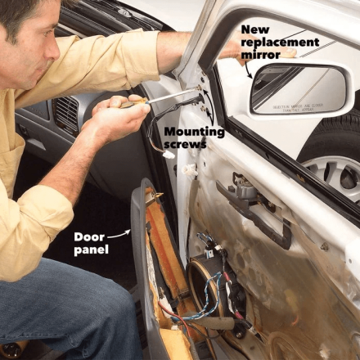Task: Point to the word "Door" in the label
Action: click(x=89, y=236)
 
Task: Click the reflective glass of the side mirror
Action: click(x=286, y=87)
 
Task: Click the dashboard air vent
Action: click(x=66, y=115)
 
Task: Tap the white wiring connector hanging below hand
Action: click(x=169, y=154)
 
